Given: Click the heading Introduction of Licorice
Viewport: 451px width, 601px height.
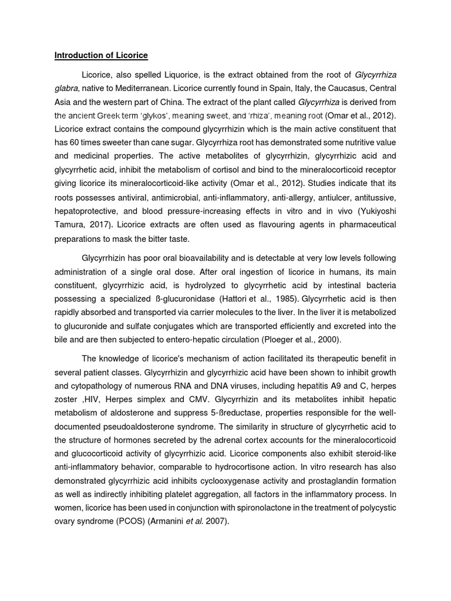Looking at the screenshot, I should pos(101,56).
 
